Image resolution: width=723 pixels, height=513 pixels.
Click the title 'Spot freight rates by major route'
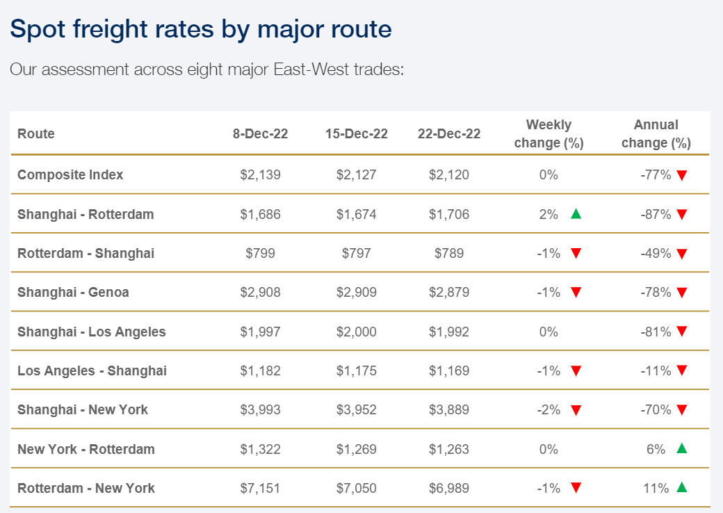pos(201,29)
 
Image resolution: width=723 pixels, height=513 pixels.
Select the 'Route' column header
pos(36,134)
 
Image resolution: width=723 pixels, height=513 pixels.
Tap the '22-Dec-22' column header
pos(449,134)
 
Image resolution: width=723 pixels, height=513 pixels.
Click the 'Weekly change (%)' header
pos(549,134)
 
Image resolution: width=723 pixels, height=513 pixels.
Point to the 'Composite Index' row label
pos(70,175)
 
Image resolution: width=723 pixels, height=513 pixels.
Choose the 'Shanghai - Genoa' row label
pos(73,293)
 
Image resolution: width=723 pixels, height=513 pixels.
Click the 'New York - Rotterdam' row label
pos(86,449)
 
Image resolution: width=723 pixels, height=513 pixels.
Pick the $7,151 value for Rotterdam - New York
pos(260,488)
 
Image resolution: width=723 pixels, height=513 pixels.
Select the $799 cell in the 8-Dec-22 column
pos(260,254)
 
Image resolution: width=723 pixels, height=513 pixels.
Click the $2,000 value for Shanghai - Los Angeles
pos(356,332)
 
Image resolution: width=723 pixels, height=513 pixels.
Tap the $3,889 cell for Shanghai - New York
pos(449,410)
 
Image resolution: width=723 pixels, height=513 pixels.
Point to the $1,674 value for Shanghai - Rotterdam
pos(356,214)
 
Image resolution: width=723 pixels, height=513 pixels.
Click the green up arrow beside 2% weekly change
pos(576,213)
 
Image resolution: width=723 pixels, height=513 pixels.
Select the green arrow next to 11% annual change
pos(682,487)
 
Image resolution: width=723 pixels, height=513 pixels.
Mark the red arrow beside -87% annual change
pos(682,215)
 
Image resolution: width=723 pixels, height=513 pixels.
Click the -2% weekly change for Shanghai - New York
pos(549,410)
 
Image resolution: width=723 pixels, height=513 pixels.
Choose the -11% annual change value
pos(656,371)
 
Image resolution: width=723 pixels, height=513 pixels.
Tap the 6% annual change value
pos(656,449)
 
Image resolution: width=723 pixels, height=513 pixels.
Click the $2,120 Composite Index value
pos(449,175)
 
